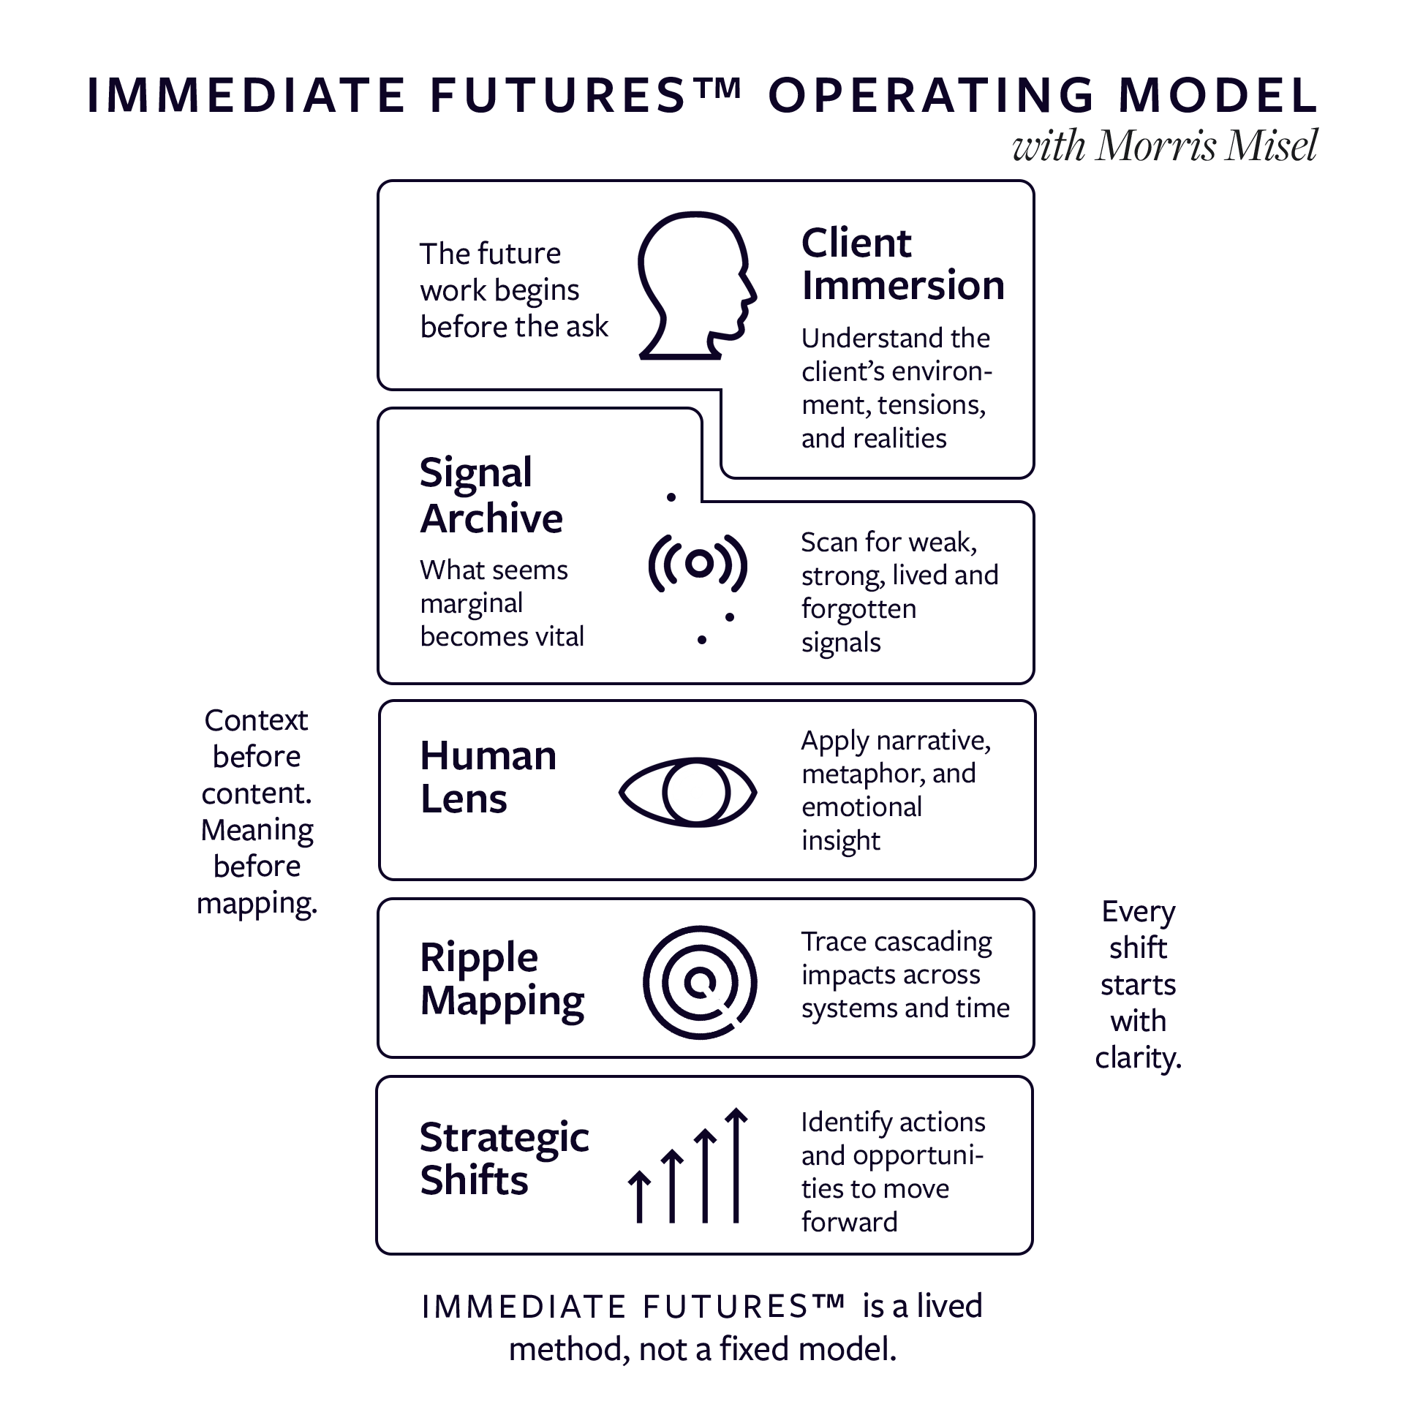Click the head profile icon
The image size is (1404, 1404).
tap(695, 285)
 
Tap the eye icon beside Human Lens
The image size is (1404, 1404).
tap(687, 792)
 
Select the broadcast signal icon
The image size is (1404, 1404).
tap(698, 563)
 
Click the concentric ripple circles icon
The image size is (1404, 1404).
tap(699, 981)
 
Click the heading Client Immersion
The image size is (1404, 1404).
tap(902, 264)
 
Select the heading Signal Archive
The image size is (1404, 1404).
tap(491, 495)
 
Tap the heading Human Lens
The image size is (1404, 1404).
tap(488, 777)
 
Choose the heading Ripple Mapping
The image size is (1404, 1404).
tap(502, 978)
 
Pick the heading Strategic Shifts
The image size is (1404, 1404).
tap(504, 1158)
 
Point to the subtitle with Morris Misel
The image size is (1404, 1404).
tap(1164, 146)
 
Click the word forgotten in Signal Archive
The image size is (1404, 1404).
tap(858, 609)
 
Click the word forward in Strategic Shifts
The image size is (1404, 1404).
tap(849, 1222)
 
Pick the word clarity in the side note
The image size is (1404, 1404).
tap(1138, 1058)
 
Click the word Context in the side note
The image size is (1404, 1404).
tap(256, 720)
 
